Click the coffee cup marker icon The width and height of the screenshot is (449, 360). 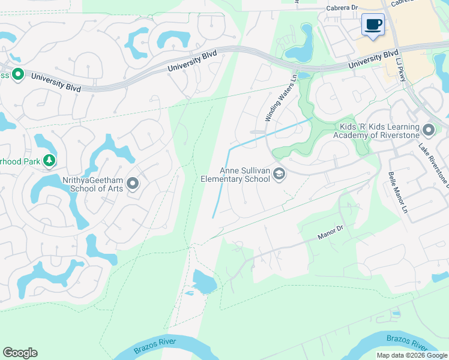click(373, 25)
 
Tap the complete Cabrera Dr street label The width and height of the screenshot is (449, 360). click(342, 8)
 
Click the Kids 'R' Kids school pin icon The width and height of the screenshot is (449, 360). click(428, 130)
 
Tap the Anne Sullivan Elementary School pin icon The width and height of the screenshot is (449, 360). click(279, 174)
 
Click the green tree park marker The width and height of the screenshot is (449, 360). click(49, 161)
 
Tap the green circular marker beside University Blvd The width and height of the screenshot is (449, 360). click(17, 74)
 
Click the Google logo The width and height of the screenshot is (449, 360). click(20, 353)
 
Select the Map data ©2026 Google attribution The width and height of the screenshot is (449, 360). click(412, 355)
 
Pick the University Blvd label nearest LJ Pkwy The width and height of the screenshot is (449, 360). click(373, 61)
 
